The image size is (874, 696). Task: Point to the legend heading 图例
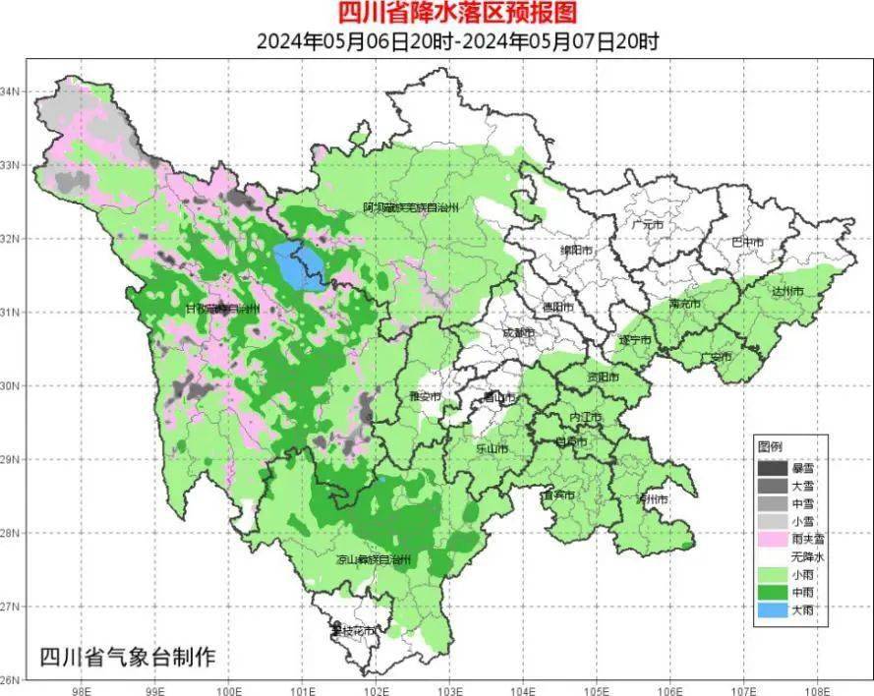769,447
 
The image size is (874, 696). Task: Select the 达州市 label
787,292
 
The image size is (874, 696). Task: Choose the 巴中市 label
748,241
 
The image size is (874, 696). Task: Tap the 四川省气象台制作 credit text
126,656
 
